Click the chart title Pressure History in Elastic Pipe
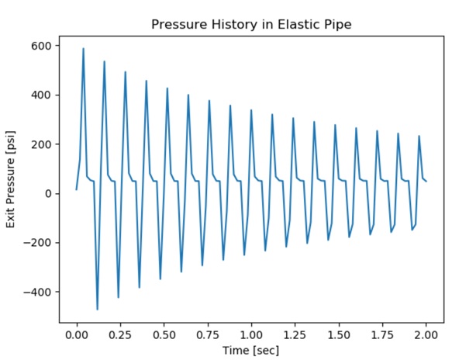tap(251, 23)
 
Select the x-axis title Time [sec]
tap(251, 350)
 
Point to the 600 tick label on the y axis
tap(41, 46)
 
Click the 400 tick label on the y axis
tap(41, 95)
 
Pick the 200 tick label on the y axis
tap(41, 144)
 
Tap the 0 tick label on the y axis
tap(47, 193)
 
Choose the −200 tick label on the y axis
tap(37, 243)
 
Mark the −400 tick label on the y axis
tap(37, 292)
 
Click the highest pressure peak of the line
tap(83, 48)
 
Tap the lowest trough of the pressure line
tap(97, 310)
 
